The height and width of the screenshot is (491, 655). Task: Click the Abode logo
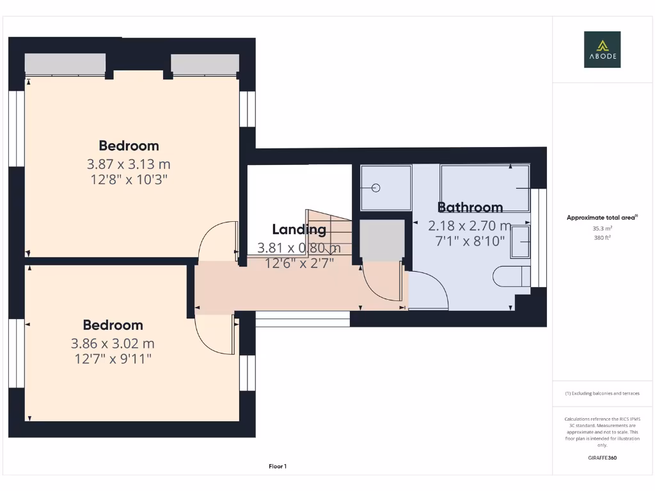[602, 50]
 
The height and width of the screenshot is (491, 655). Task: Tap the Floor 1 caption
[278, 467]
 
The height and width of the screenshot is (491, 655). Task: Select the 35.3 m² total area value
[602, 228]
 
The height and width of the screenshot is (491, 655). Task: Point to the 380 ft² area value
[602, 238]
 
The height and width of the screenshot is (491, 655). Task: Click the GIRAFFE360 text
[602, 458]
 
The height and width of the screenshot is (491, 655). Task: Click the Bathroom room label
[470, 207]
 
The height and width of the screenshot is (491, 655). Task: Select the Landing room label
[299, 230]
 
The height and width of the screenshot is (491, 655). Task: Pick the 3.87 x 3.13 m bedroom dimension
[129, 164]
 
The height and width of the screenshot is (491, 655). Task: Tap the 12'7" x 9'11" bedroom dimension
[113, 359]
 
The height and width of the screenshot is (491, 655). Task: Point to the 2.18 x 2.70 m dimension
[470, 226]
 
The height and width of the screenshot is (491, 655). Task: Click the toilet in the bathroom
[512, 276]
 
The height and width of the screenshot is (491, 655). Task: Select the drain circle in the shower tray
[376, 188]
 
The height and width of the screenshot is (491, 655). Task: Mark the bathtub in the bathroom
[485, 188]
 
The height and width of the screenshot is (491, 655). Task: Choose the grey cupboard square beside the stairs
[382, 239]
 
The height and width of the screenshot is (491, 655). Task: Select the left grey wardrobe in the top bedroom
[65, 64]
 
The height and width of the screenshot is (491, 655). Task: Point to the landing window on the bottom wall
[303, 319]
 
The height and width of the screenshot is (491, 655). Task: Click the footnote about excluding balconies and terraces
[602, 393]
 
